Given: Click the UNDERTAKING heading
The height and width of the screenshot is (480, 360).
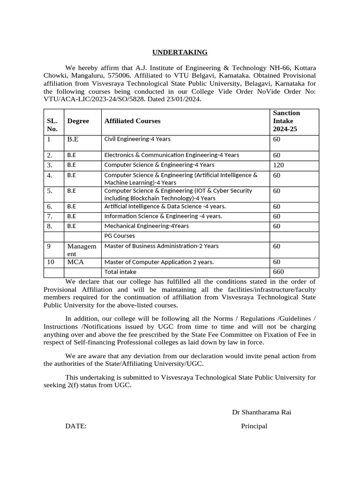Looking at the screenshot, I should (180, 52).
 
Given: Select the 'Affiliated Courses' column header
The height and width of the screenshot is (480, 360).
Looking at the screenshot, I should (132, 121).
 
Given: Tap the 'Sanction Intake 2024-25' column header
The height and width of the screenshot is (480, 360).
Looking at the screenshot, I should (286, 121).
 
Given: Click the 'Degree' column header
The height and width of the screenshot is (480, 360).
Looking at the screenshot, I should (78, 121).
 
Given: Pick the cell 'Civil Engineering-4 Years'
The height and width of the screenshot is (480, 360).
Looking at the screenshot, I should (137, 139).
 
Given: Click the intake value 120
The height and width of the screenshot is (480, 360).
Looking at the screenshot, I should (278, 165).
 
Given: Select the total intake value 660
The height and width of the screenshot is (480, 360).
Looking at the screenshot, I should (278, 272).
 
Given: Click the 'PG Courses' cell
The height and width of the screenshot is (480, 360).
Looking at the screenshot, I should (120, 236).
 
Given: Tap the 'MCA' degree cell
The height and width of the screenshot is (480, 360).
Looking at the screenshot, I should (75, 262).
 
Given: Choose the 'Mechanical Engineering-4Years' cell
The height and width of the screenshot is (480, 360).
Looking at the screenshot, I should (146, 226).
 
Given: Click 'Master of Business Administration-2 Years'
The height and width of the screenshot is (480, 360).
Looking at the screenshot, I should (161, 246).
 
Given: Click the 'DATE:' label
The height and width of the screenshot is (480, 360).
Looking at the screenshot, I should (76, 426).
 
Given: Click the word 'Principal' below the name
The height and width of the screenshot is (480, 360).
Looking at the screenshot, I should (254, 426).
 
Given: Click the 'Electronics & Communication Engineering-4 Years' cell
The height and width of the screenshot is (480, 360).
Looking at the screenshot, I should (172, 155).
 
